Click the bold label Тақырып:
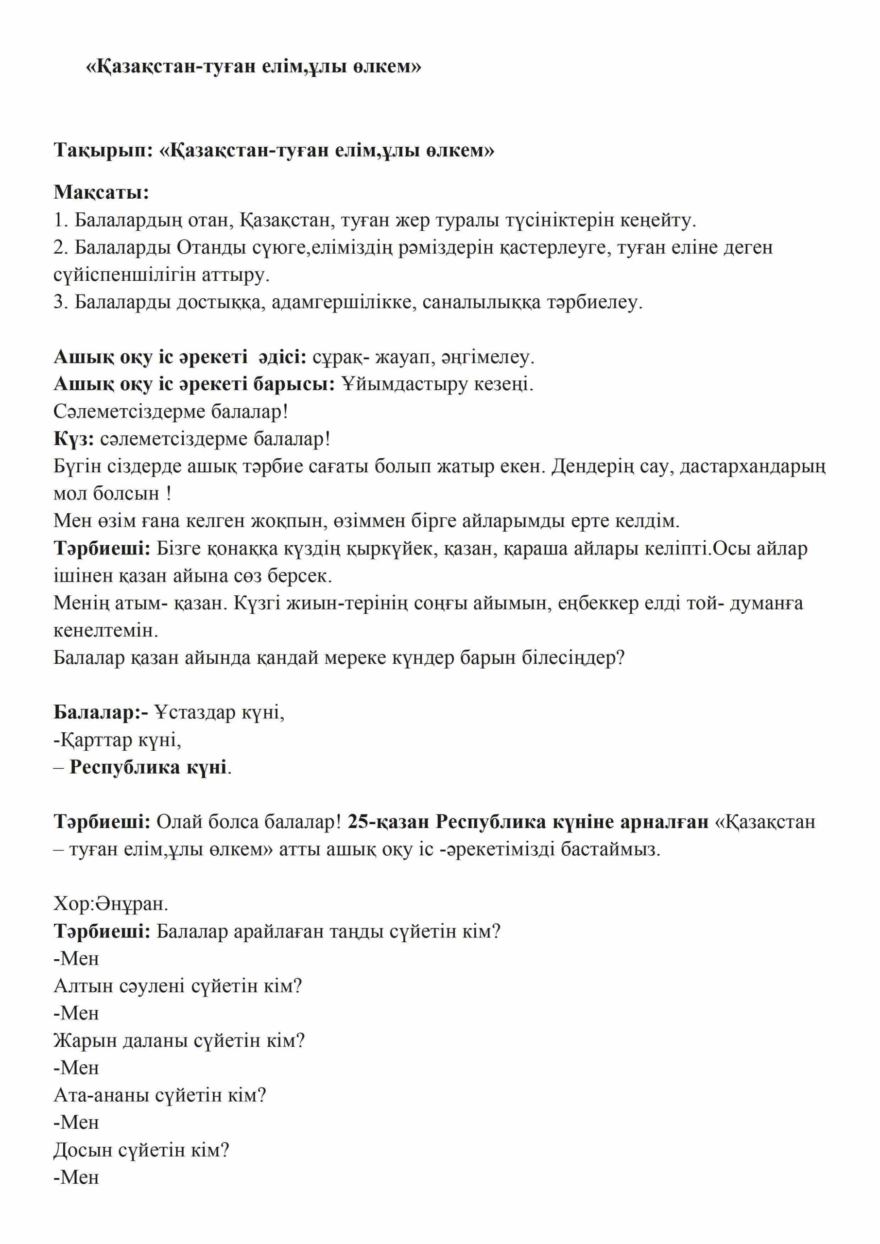coord(104,150)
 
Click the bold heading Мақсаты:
coord(102,192)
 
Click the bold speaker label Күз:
coord(74,439)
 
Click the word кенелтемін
coord(106,631)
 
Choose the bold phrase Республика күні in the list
coord(148,768)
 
